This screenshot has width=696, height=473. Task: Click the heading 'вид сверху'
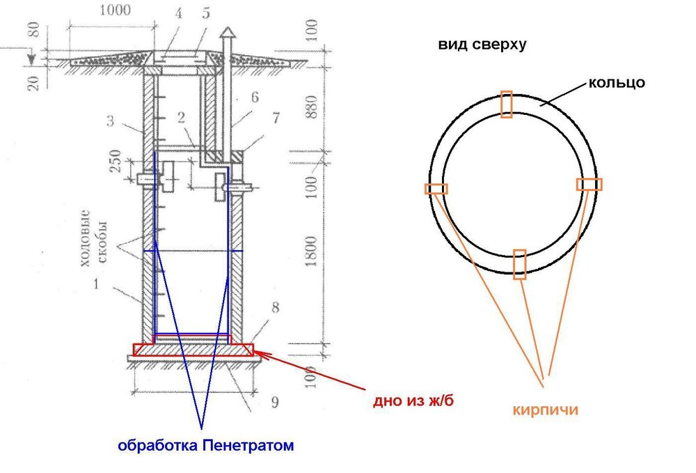pyautogui.click(x=482, y=45)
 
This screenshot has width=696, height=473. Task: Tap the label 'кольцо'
pyautogui.click(x=617, y=83)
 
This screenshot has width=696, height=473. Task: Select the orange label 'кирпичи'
pyautogui.click(x=546, y=409)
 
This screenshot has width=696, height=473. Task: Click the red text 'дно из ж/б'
pyautogui.click(x=413, y=401)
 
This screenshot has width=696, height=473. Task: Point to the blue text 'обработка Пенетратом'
pyautogui.click(x=206, y=445)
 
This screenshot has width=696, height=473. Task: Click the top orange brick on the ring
pyautogui.click(x=507, y=104)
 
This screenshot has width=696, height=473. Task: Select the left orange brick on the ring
pyautogui.click(x=436, y=189)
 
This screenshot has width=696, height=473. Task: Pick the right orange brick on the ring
pyautogui.click(x=590, y=185)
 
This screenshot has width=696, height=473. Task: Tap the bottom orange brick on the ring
pyautogui.click(x=519, y=264)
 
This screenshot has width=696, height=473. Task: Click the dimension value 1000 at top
pyautogui.click(x=115, y=10)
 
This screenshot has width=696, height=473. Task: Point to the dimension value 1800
pyautogui.click(x=311, y=251)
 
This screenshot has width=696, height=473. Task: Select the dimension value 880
pyautogui.click(x=311, y=107)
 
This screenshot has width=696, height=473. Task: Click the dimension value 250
pyautogui.click(x=115, y=161)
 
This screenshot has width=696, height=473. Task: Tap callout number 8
pyautogui.click(x=275, y=307)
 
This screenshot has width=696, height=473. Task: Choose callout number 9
pyautogui.click(x=275, y=403)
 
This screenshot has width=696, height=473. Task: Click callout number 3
pyautogui.click(x=110, y=121)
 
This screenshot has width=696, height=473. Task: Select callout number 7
pyautogui.click(x=276, y=118)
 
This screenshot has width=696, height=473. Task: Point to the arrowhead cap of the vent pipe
pyautogui.click(x=227, y=33)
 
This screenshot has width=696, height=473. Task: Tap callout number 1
pyautogui.click(x=96, y=284)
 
